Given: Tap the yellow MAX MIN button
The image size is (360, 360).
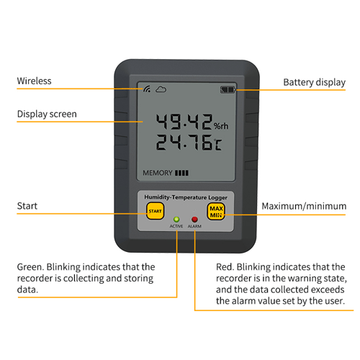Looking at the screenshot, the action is coord(216,212).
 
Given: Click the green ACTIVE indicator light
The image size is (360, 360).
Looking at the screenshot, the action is coord(176,219).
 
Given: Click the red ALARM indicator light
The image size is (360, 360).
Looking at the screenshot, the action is coord(194,219).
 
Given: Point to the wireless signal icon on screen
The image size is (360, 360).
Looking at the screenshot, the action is coord(147,89).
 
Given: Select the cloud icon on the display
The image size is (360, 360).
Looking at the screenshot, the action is coord(161,89).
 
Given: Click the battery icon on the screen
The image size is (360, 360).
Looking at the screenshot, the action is coord(228,90).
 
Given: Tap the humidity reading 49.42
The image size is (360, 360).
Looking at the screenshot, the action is coord(184,122).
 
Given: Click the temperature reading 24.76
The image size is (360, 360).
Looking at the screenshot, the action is coord(184,142).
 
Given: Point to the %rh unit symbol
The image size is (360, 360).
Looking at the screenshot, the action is coord(221,126).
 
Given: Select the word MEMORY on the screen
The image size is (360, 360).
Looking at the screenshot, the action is coord(158,173).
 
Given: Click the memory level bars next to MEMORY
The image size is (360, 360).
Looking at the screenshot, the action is coord(181,173).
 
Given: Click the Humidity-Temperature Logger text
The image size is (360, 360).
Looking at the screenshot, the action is coord(186,197).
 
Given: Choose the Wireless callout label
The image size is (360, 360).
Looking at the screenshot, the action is coord(34,81).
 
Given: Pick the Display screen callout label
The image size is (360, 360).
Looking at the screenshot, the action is coord(47,114).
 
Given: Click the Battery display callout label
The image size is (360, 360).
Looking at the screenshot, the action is coord(315,82).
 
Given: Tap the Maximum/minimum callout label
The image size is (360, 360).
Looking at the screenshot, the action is coord(304,206).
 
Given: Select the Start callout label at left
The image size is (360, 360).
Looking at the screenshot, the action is coord(27,206).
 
